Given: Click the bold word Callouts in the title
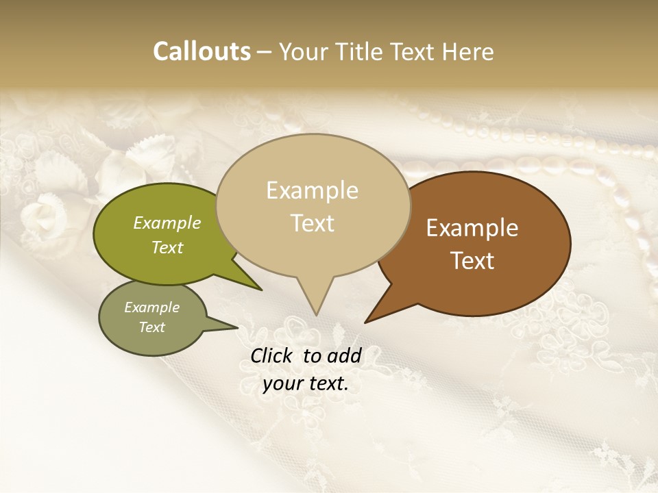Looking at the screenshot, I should [202, 51].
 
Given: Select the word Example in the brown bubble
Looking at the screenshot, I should [472, 228].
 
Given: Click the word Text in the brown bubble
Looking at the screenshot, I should [472, 261].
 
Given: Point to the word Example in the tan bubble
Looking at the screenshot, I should [312, 190].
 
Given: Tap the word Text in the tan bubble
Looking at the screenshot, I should [312, 223].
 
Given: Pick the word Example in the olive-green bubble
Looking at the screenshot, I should [167, 223].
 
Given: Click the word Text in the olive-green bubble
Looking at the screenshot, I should [167, 247].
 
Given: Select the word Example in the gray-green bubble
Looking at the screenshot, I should [152, 307].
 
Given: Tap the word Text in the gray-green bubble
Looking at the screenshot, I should [152, 327].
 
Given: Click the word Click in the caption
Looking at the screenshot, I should [272, 355].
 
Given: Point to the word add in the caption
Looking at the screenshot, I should [345, 355].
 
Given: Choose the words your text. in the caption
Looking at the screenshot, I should [306, 383].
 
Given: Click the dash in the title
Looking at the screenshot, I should [265, 52].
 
